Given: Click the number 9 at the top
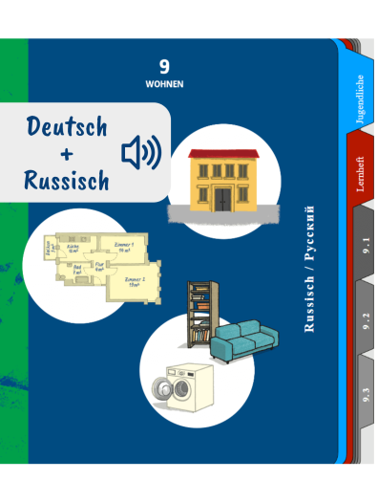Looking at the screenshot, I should click(x=164, y=66).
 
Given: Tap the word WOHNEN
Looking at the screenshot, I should click(x=164, y=84).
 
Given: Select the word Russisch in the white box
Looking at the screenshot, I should click(x=68, y=179).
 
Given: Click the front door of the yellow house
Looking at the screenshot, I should click(x=222, y=199).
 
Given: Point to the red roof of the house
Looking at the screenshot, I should click(x=224, y=154).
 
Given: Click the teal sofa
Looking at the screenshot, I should click(x=245, y=341).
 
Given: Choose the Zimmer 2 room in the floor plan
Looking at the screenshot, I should click(x=133, y=283).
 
